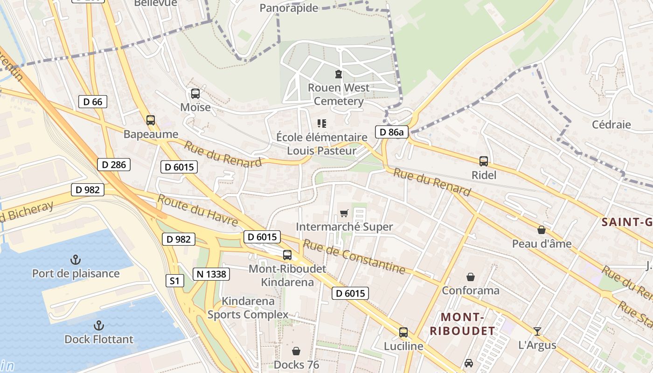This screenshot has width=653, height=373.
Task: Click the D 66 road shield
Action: tap(93, 102)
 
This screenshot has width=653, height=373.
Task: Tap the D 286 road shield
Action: tap(114, 164)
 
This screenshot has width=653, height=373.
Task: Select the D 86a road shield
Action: tap(391, 132)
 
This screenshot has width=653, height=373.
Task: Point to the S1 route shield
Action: tap(174, 281)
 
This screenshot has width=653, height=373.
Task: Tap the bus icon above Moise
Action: tap(195, 93)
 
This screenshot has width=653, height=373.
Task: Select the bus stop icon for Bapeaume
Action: tap(150, 120)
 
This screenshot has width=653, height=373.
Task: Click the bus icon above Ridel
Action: tap(484, 161)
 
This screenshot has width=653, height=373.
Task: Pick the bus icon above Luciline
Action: tap(403, 332)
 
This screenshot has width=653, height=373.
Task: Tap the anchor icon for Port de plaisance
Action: tap(76, 259)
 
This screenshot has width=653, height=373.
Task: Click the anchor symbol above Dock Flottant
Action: tap(98, 325)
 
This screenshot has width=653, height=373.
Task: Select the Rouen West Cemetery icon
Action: tap(338, 74)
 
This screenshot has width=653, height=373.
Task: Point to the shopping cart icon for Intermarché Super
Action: tap(344, 213)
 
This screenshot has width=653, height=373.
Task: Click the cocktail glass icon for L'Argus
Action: tap(537, 331)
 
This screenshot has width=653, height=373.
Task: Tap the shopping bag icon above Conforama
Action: tap(471, 277)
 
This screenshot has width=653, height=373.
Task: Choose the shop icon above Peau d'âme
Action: tap(542, 230)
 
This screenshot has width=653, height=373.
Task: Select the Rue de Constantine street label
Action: tap(354, 256)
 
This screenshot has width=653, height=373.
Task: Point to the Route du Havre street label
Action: tap(198, 210)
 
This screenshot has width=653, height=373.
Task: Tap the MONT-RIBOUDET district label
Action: tap(462, 324)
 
